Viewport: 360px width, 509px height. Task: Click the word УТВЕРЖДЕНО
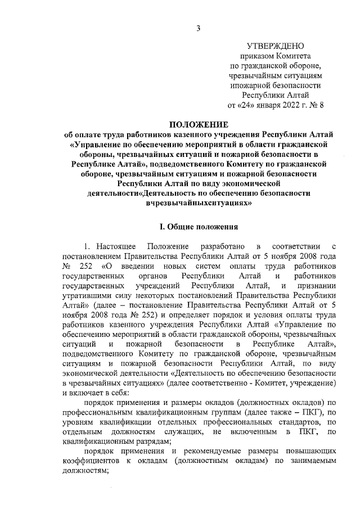tap(276, 46)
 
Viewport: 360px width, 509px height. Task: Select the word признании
tap(317, 285)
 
